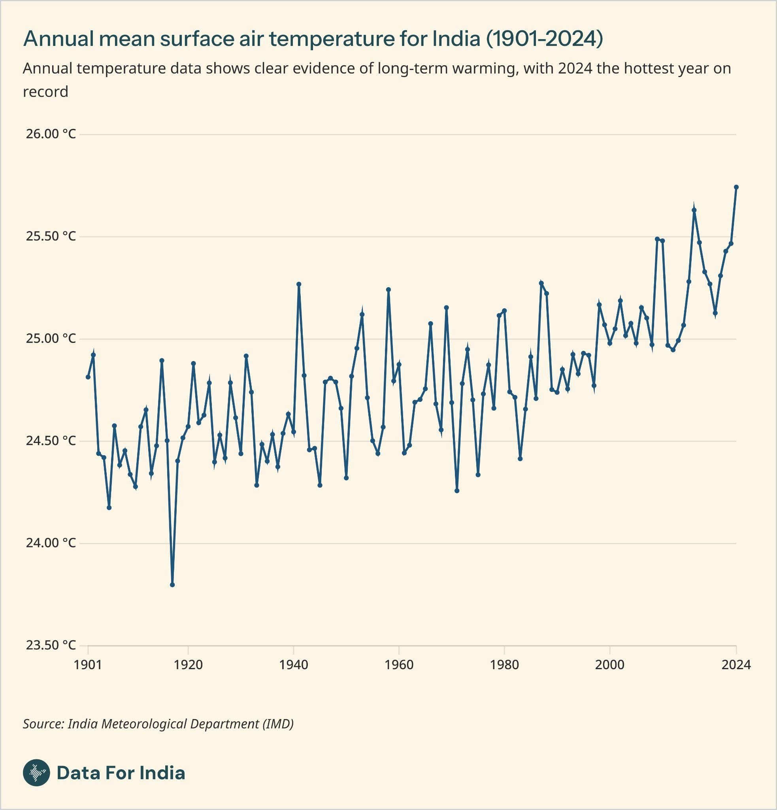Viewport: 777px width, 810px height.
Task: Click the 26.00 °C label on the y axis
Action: click(x=51, y=134)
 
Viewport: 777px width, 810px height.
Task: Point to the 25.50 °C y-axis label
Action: click(x=51, y=236)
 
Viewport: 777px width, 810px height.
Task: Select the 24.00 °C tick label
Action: click(x=51, y=543)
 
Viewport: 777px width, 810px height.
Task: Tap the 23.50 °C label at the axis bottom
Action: click(x=51, y=645)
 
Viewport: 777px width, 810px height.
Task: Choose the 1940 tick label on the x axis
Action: click(x=293, y=665)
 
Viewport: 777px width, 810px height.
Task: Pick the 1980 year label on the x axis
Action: click(x=504, y=665)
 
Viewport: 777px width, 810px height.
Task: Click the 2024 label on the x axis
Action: click(x=736, y=665)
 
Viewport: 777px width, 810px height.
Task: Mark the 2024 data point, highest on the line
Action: click(x=736, y=187)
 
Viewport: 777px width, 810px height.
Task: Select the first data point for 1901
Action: click(x=88, y=377)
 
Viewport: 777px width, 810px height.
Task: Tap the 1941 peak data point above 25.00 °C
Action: click(x=299, y=284)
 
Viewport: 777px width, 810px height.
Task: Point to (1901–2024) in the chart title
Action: click(x=544, y=39)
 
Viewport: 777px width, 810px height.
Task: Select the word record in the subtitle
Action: click(x=45, y=92)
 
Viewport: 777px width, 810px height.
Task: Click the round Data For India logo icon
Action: click(x=36, y=773)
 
